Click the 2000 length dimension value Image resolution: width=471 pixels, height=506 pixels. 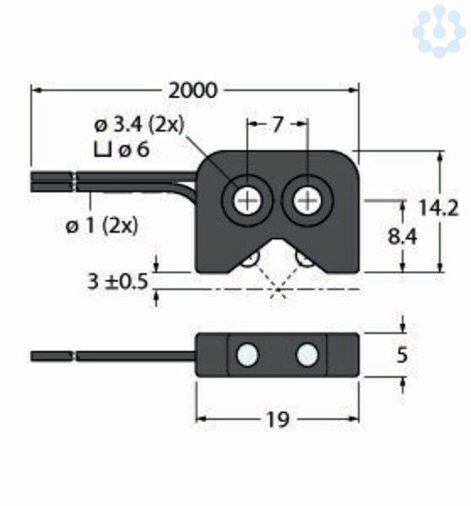pyautogui.click(x=192, y=91)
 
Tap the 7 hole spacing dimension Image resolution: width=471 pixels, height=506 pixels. pyautogui.click(x=277, y=125)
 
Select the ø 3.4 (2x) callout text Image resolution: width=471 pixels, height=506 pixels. pyautogui.click(x=139, y=125)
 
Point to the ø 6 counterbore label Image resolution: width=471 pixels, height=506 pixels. pyautogui.click(x=133, y=150)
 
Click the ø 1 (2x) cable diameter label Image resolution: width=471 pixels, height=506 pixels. pyautogui.click(x=102, y=225)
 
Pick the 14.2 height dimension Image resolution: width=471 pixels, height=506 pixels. pyautogui.click(x=438, y=207)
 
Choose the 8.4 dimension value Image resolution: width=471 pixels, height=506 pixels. pyautogui.click(x=402, y=237)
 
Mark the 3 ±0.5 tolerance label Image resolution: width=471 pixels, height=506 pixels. pyautogui.click(x=117, y=282)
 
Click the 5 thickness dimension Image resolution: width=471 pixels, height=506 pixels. pyautogui.click(x=402, y=355)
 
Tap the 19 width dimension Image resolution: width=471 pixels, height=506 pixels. pyautogui.click(x=277, y=420)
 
